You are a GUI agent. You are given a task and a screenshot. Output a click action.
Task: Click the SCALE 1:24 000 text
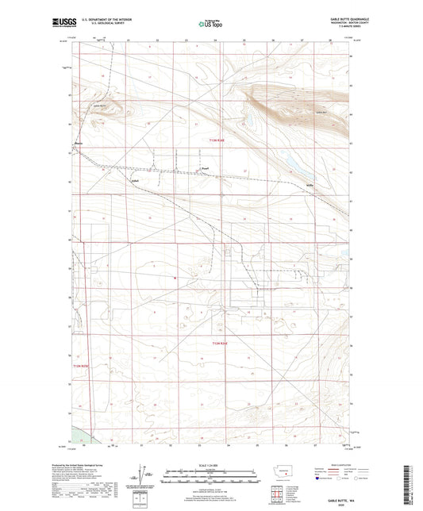tap(211, 465)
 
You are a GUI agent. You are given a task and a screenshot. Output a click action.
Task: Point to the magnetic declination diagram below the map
tap(143, 477)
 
